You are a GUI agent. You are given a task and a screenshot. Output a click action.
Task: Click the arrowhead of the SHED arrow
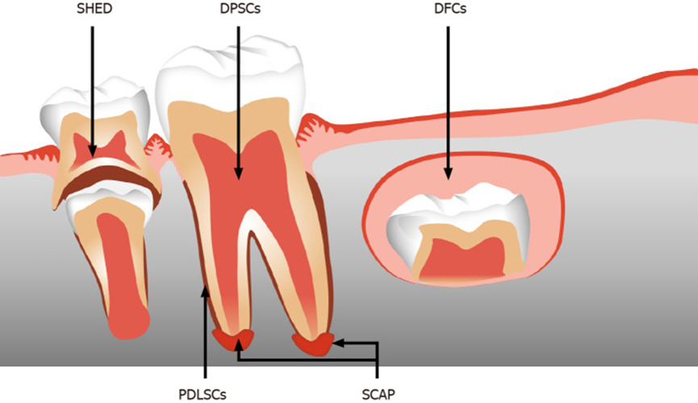(92, 152)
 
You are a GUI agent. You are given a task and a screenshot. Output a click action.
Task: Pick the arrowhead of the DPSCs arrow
(238, 173)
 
